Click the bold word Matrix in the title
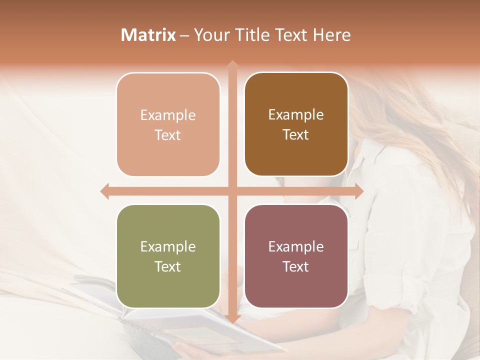point(148,35)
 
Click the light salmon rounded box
point(168,124)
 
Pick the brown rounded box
point(296,124)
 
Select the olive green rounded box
point(168,256)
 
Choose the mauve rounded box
point(296,256)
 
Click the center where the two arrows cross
point(232,191)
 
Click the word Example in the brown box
point(296,114)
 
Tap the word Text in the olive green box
point(168,266)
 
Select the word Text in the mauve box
point(296,266)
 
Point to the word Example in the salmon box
point(168,115)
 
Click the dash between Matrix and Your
point(184,35)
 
